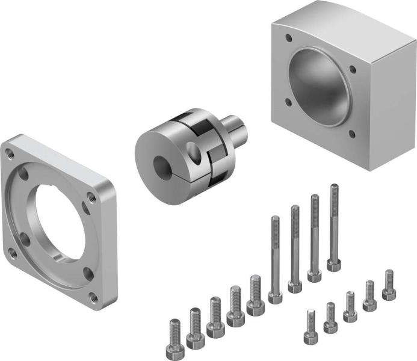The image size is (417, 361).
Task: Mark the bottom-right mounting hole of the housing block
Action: point(351,135)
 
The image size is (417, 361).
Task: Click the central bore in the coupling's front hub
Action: point(162,165)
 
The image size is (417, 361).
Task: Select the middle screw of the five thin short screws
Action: point(350,305)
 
